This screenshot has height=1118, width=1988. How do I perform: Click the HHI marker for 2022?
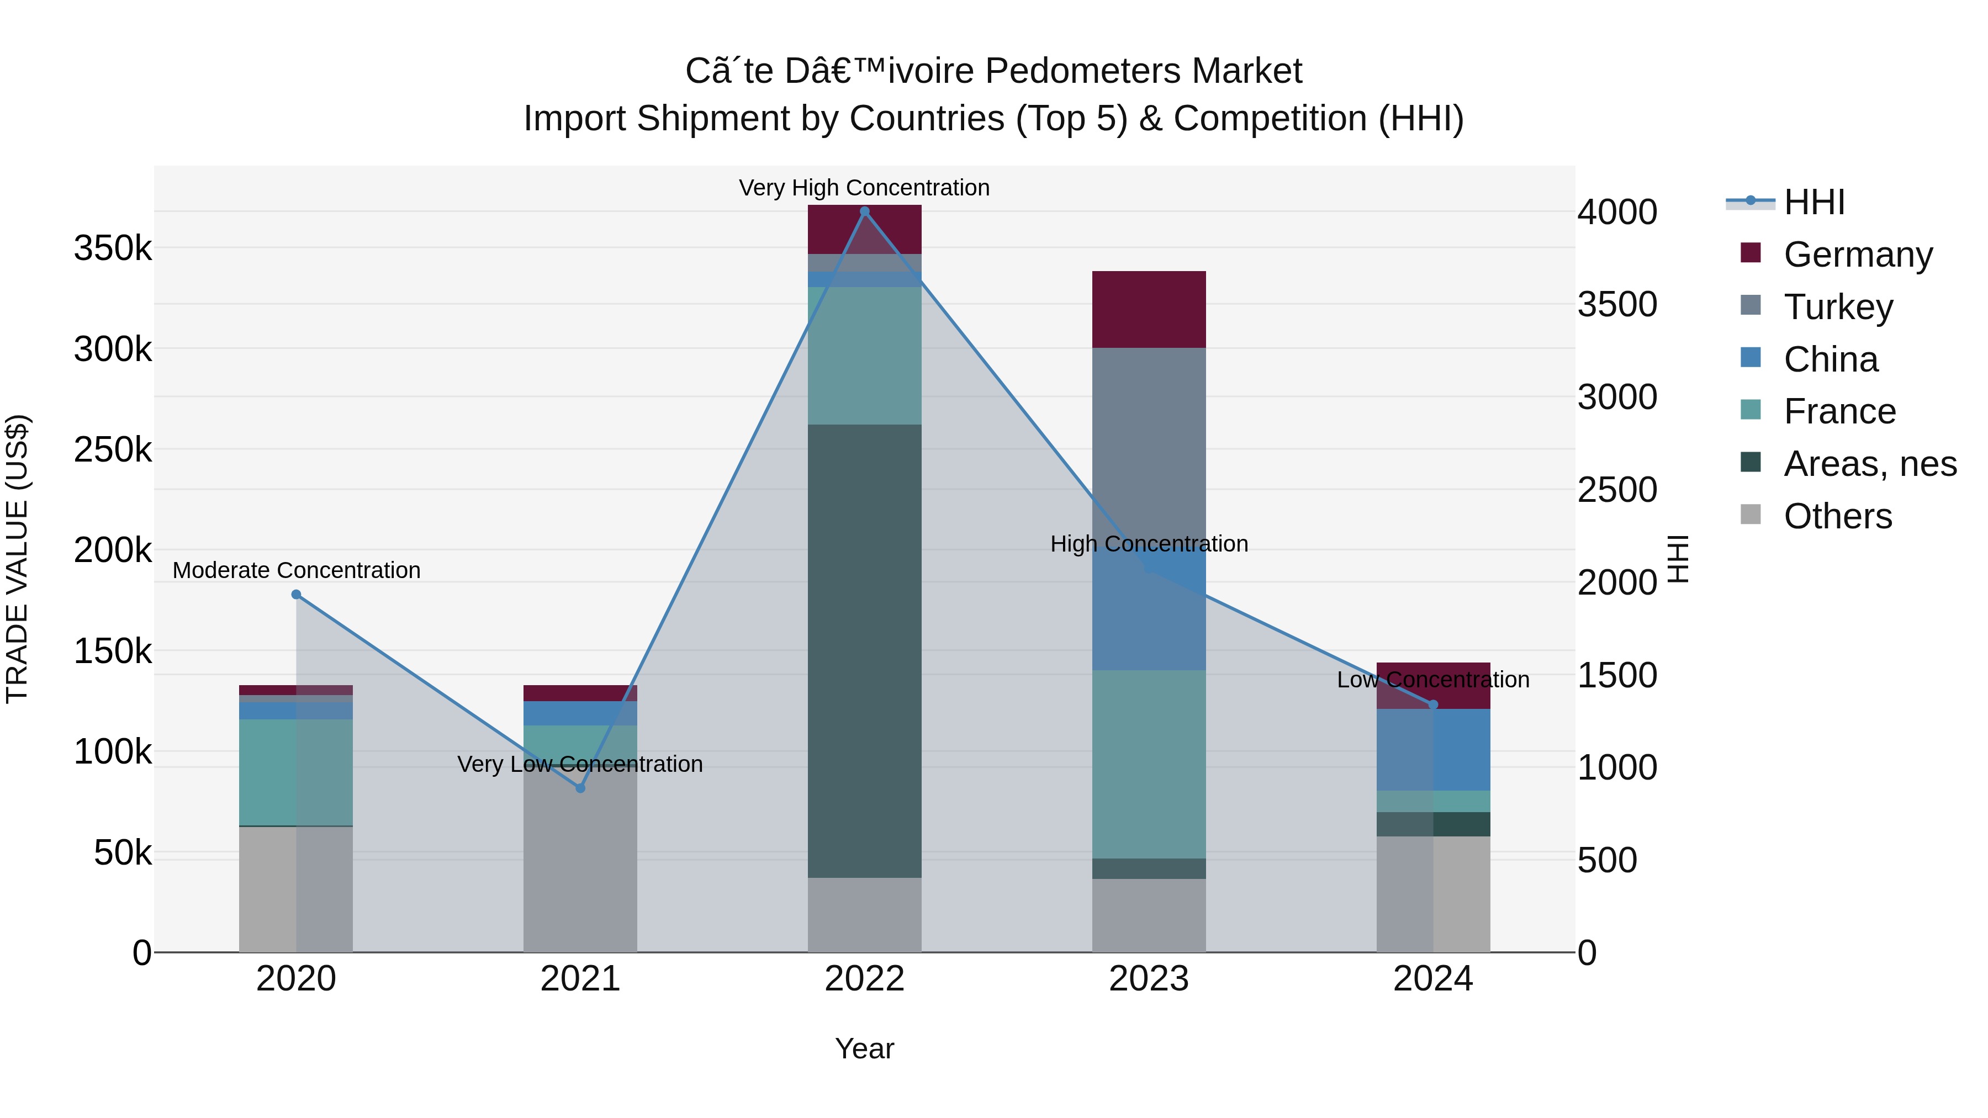click(864, 211)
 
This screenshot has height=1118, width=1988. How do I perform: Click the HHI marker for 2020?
click(297, 595)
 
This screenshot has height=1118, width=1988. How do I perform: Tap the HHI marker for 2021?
click(580, 788)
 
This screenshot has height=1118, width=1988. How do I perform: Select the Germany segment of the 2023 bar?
click(1149, 309)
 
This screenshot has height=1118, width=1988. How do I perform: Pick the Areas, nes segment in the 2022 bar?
click(864, 650)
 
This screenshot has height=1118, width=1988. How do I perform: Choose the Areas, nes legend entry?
click(1869, 464)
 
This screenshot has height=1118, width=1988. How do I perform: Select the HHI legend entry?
click(1813, 202)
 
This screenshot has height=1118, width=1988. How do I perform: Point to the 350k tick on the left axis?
click(113, 249)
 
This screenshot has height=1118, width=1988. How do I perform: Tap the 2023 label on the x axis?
click(1149, 979)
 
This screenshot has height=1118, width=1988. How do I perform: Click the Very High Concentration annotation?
click(864, 188)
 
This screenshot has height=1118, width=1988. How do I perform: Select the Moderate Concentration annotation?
click(297, 570)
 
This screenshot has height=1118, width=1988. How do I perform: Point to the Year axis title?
click(864, 1048)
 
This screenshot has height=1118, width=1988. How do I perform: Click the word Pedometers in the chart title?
click(1083, 72)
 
